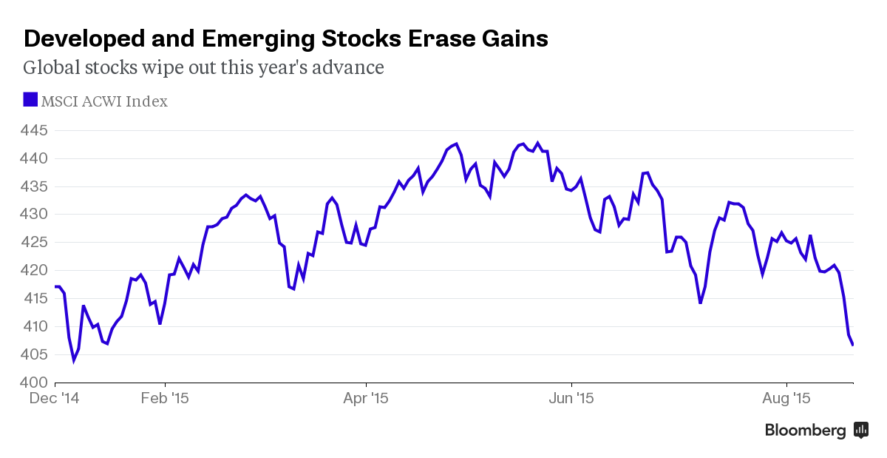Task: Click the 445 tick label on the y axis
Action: (35, 131)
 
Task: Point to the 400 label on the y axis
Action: (35, 383)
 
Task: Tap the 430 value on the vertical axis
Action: (35, 215)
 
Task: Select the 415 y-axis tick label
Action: (35, 298)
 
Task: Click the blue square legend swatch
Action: (30, 100)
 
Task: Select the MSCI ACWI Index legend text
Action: (104, 101)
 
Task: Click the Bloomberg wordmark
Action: (805, 431)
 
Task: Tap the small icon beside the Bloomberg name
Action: (861, 430)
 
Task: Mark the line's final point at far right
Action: (853, 345)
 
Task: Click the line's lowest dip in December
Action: (73, 360)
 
